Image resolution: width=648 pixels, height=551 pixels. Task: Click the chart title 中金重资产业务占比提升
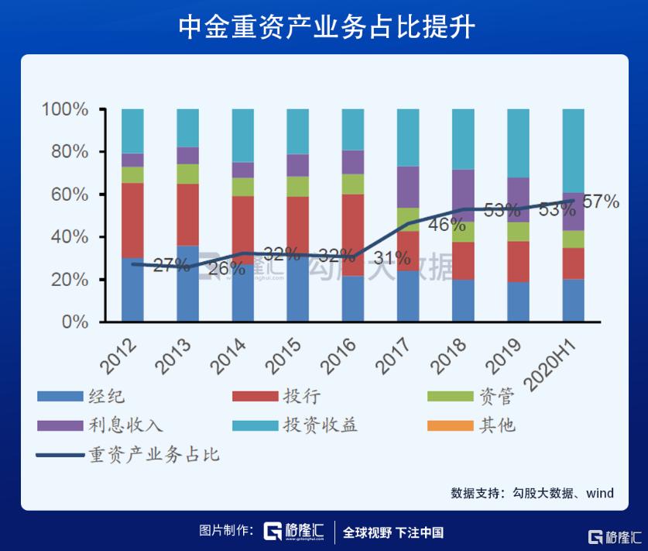pyautogui.click(x=324, y=27)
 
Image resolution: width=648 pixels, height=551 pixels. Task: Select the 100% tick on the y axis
pyautogui.click(x=65, y=109)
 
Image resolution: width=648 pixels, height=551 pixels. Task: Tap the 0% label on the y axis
pyautogui.click(x=76, y=322)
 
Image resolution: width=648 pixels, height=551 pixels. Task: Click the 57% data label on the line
pyautogui.click(x=601, y=202)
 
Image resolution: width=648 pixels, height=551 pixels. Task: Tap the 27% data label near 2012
pyautogui.click(x=170, y=266)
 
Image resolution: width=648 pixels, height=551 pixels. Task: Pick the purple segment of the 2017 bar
pyautogui.click(x=407, y=187)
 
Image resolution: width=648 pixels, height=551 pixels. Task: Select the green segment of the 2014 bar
pyautogui.click(x=242, y=187)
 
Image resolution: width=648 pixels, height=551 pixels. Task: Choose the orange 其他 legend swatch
pyautogui.click(x=450, y=425)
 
